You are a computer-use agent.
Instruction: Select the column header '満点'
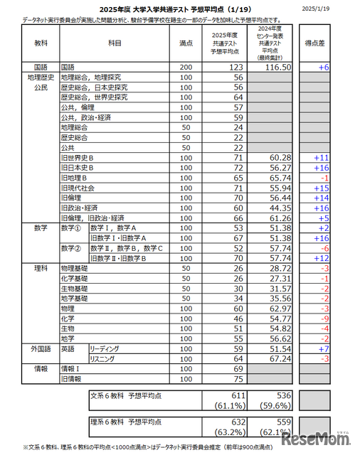click(x=186, y=43)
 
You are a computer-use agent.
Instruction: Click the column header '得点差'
click(x=316, y=43)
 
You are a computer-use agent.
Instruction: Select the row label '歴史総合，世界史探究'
click(x=94, y=97)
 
